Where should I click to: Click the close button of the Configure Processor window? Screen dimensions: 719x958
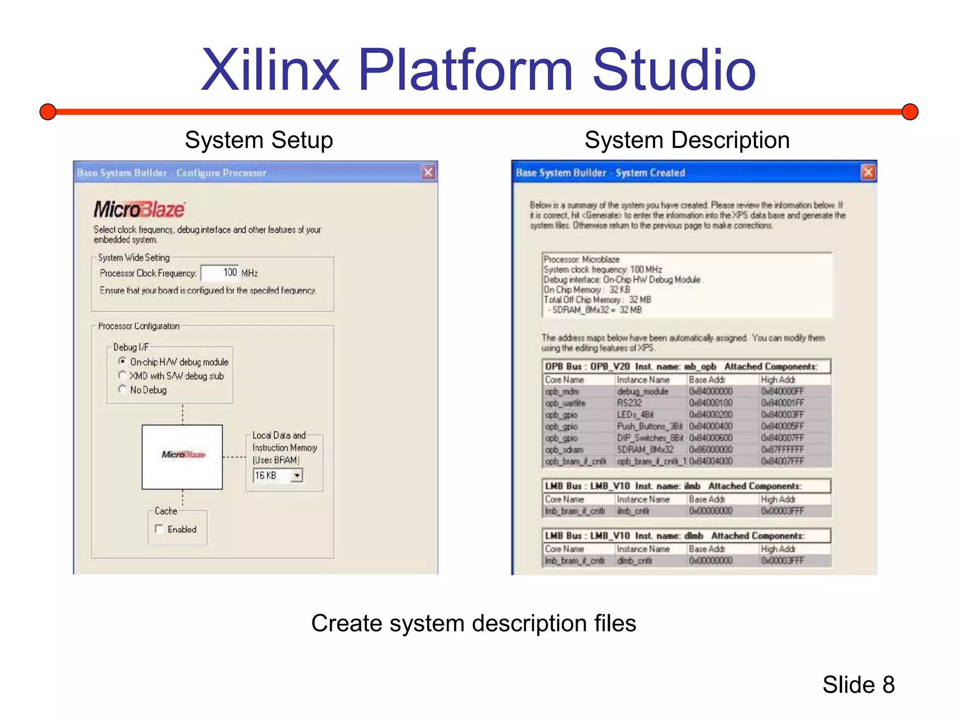pos(428,173)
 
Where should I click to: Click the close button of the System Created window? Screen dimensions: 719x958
pos(868,173)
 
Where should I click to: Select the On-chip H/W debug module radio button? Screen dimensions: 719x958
pos(123,361)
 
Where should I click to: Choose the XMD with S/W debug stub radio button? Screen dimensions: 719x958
pos(123,375)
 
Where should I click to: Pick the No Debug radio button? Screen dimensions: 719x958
pos(123,389)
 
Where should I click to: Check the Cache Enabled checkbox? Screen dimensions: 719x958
pos(159,529)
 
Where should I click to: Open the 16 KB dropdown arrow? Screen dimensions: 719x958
pos(297,476)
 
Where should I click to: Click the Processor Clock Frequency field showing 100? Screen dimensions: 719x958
pos(220,272)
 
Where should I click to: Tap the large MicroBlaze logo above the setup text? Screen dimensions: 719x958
pos(139,209)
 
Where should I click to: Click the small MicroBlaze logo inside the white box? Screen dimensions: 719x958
pos(183,455)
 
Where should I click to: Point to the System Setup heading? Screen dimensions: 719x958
pos(259,140)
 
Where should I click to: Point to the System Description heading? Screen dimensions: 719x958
pos(687,140)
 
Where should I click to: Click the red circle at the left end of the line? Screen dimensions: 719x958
pos(48,112)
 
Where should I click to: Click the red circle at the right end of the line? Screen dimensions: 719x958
pos(910,112)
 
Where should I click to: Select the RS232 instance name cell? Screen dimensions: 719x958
pos(630,403)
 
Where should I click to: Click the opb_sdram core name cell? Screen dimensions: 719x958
pos(564,450)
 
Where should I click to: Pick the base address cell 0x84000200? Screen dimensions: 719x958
pos(711,415)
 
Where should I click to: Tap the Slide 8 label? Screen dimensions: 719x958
pos(858,685)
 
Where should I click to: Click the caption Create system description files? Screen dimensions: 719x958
pos(473,624)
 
